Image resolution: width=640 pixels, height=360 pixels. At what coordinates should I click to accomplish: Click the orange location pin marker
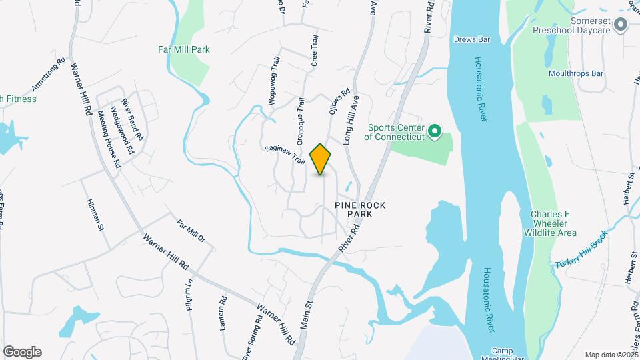pyautogui.click(x=321, y=159)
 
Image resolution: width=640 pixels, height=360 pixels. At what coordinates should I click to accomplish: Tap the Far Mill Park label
pyautogui.click(x=184, y=49)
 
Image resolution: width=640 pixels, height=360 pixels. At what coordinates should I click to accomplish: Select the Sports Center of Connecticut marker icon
pyautogui.click(x=435, y=131)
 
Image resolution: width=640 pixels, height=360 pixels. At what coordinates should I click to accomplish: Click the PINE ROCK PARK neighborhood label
pyautogui.click(x=361, y=209)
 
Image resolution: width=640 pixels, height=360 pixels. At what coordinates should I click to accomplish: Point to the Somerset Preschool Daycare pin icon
pyautogui.click(x=621, y=25)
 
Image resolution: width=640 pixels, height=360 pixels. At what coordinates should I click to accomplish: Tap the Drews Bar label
pyautogui.click(x=472, y=40)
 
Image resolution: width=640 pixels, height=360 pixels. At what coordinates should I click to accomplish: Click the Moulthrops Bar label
pyautogui.click(x=576, y=73)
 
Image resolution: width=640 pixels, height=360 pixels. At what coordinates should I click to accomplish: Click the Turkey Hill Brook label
pyautogui.click(x=581, y=250)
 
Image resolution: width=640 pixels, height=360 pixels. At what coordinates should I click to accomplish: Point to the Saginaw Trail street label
pyautogui.click(x=285, y=157)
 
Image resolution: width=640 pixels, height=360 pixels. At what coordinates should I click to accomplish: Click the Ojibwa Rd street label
pyautogui.click(x=336, y=104)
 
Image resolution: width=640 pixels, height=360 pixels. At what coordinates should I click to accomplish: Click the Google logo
pyautogui.click(x=22, y=352)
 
